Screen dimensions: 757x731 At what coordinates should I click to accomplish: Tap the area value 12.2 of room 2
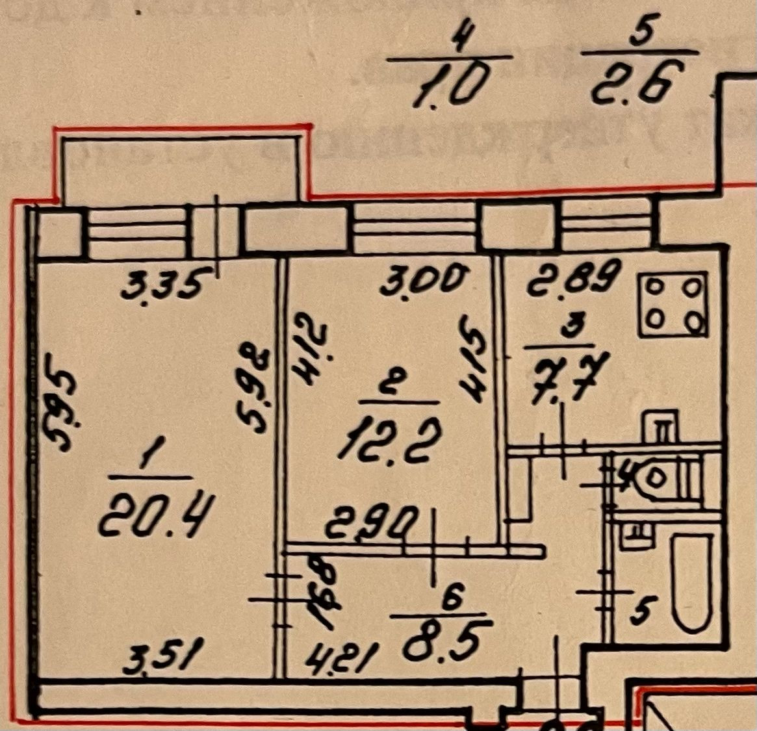point(389,440)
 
